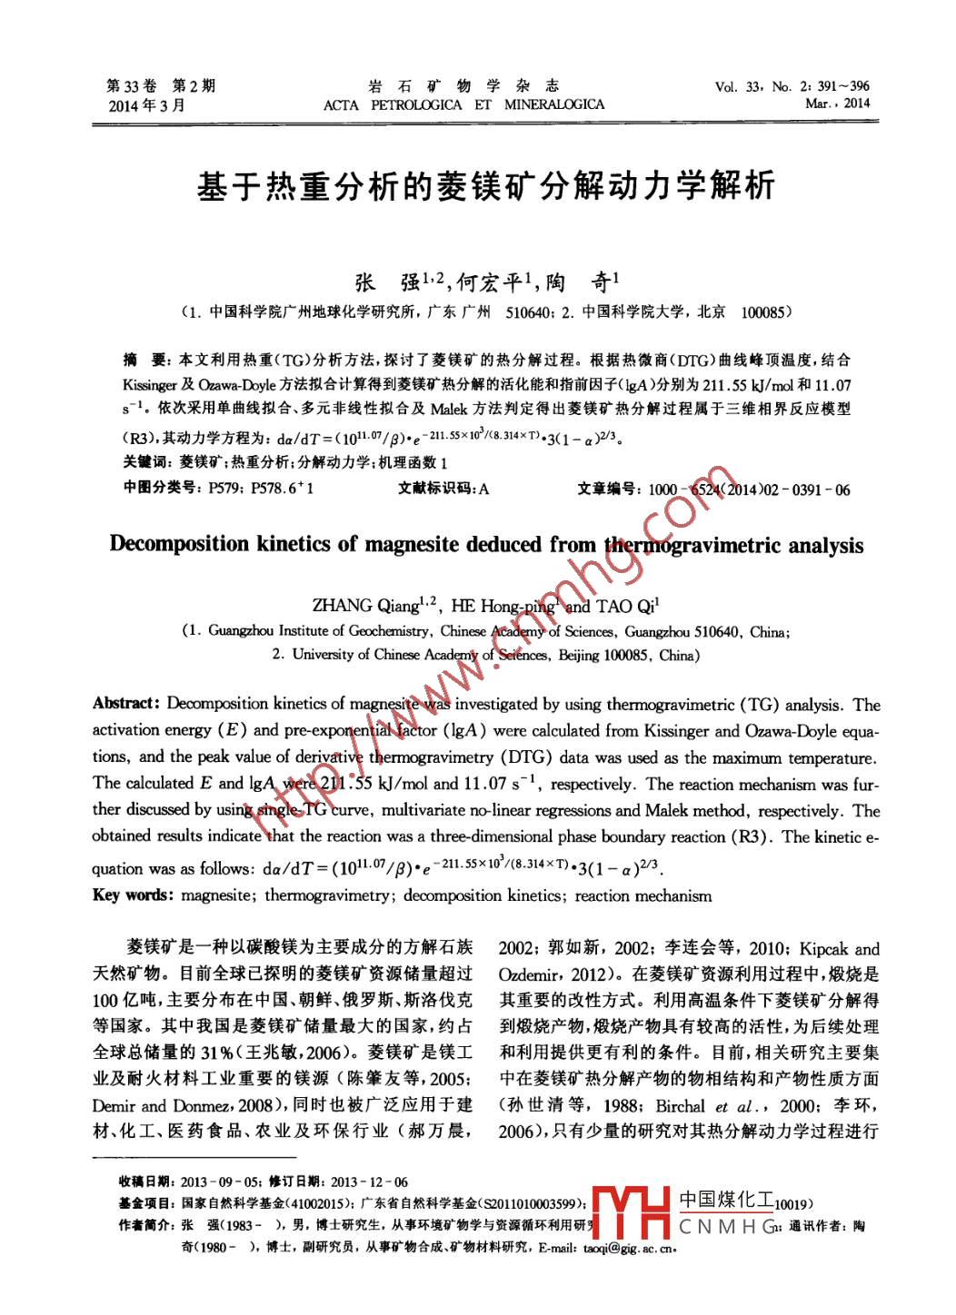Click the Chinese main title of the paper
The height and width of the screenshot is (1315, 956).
coord(485,186)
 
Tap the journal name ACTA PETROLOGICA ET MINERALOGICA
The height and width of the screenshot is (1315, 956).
coord(463,104)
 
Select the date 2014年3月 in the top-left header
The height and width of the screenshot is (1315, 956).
coord(146,105)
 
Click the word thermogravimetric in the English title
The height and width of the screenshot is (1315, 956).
coord(692,545)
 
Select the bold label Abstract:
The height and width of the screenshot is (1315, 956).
coord(126,704)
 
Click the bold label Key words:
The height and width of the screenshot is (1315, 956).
coord(132,895)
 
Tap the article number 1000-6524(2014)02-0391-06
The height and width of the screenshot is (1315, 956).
coord(749,489)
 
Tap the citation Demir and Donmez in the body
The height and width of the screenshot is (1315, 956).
coord(183,1105)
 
